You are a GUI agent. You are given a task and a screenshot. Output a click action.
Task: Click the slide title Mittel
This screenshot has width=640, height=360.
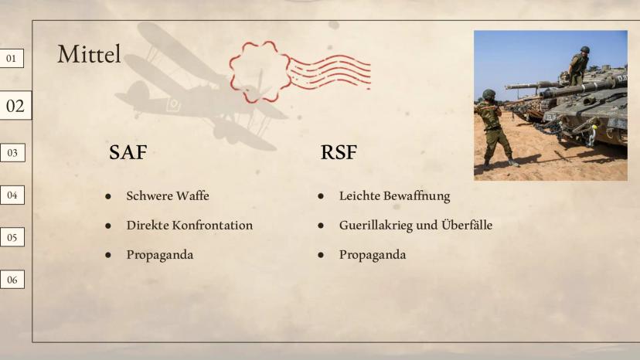pos(89,54)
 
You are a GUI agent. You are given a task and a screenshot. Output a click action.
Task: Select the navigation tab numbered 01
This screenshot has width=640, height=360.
pos(12,59)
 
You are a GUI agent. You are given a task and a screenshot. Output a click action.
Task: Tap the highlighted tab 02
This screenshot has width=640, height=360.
pos(15,106)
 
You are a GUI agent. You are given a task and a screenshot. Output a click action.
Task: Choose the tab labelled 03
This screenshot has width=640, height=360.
pos(12,153)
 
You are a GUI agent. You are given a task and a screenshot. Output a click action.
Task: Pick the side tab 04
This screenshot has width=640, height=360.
pos(12,195)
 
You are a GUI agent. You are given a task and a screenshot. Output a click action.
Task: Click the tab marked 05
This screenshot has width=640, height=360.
pos(12,237)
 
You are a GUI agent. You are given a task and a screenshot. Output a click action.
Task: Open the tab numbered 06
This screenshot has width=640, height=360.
pos(12,280)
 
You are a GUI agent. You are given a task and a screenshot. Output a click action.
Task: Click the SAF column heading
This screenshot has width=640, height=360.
pos(128,152)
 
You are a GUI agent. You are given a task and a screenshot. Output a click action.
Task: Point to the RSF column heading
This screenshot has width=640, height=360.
pos(339,152)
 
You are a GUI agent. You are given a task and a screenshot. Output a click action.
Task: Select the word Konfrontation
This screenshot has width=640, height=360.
pos(213,226)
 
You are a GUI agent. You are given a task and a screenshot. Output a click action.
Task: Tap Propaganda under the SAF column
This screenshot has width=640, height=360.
pos(160,255)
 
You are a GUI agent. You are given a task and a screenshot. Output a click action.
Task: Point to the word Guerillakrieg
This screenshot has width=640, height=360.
pos(376,226)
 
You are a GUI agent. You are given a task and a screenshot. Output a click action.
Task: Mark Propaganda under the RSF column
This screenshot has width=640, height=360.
pos(373,255)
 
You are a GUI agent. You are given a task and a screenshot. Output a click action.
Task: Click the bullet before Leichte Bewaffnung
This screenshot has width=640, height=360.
pos(321,196)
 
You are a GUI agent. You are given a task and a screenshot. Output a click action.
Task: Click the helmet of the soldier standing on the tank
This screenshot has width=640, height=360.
pos(585,49)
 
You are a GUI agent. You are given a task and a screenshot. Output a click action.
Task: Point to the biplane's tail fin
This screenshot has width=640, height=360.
pos(139,90)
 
